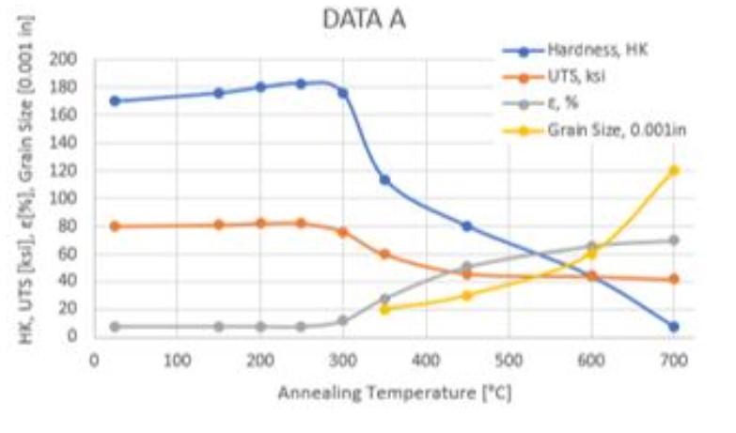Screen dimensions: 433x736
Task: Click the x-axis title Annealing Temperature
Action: [394, 392]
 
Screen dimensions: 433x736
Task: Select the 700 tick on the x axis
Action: [674, 359]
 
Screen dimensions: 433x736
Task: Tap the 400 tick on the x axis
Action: [426, 359]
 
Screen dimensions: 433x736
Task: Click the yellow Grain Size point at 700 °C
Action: [674, 171]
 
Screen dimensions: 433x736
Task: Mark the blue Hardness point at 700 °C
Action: [674, 327]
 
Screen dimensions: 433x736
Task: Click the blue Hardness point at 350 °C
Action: [384, 179]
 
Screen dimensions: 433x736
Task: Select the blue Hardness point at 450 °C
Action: [467, 226]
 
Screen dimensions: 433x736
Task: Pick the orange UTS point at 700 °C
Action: [674, 279]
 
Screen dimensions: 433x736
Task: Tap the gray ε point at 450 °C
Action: [467, 267]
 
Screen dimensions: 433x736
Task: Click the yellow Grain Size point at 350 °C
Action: [384, 309]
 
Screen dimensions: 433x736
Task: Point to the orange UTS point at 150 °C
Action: [218, 224]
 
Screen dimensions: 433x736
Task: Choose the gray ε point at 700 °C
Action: [674, 240]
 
